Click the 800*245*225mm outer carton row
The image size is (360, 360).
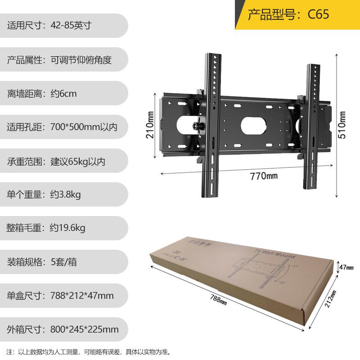pos(63,329)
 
